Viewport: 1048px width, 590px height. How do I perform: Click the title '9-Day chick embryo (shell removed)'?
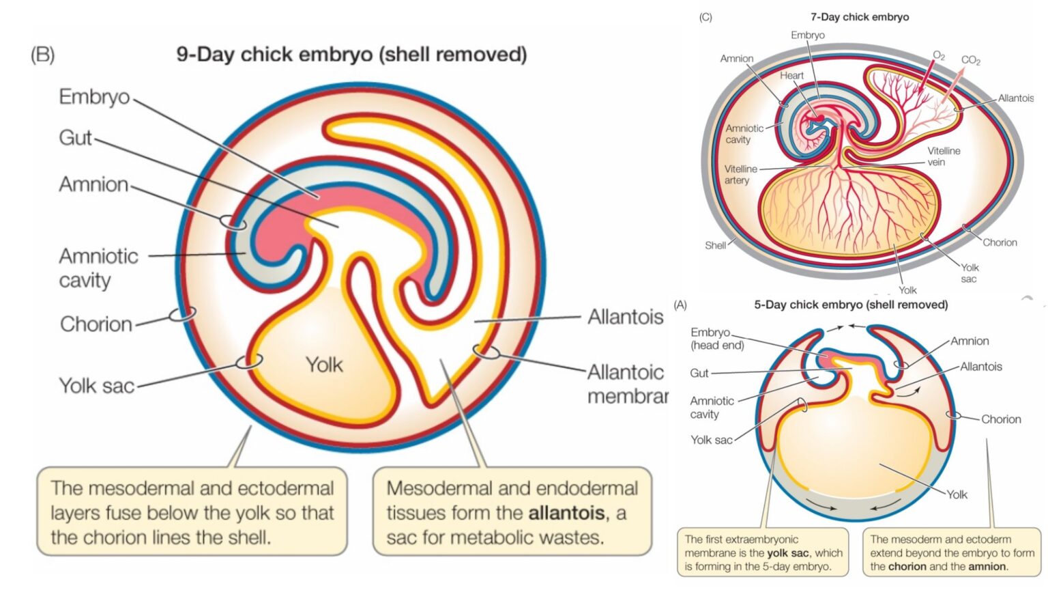351,55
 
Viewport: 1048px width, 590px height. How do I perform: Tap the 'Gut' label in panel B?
75,138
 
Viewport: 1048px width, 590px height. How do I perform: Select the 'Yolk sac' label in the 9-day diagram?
96,386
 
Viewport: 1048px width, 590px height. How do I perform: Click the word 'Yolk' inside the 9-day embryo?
324,365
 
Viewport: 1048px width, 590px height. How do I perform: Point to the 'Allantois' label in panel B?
625,317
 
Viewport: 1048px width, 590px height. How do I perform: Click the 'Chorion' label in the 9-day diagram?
96,324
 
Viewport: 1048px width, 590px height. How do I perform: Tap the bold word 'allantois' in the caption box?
566,513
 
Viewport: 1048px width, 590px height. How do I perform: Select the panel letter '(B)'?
42,55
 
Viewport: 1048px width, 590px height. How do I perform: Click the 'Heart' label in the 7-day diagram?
791,76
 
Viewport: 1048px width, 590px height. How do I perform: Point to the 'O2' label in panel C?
939,55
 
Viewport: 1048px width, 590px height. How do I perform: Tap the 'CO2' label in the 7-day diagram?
970,60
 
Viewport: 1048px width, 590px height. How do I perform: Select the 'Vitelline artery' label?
740,174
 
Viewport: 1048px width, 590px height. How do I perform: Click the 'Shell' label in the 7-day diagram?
715,245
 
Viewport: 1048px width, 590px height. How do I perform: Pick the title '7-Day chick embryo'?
860,17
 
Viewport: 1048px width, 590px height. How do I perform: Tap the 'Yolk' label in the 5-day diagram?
957,494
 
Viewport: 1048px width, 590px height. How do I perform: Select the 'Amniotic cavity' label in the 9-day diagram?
98,268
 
